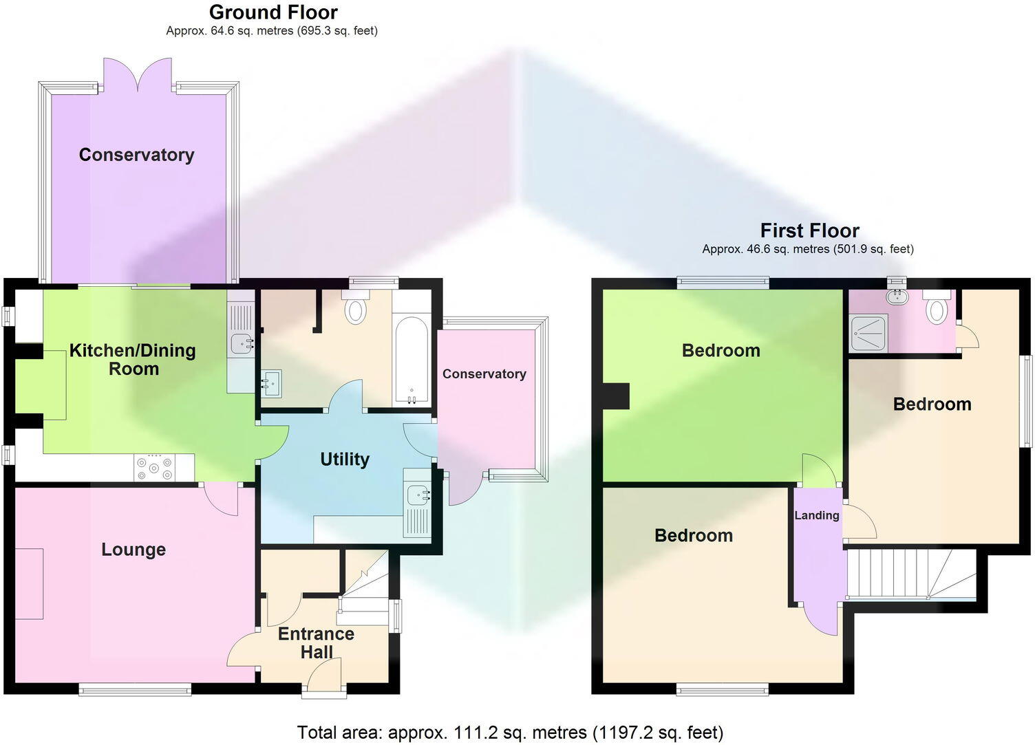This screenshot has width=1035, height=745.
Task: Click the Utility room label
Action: (345, 460)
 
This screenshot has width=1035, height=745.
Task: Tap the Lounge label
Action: (134, 550)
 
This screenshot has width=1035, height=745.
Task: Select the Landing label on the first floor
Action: (817, 515)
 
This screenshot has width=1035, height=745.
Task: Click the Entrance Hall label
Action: (316, 643)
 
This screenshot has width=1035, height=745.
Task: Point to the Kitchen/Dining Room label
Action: (133, 359)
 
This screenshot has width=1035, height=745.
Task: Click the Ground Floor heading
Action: (273, 12)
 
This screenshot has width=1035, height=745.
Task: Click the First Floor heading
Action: (809, 230)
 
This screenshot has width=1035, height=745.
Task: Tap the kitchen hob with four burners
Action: (155, 468)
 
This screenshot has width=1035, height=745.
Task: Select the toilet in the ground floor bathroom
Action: (355, 307)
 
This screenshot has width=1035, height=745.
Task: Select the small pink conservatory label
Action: (484, 374)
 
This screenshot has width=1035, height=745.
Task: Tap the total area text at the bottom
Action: (510, 733)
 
